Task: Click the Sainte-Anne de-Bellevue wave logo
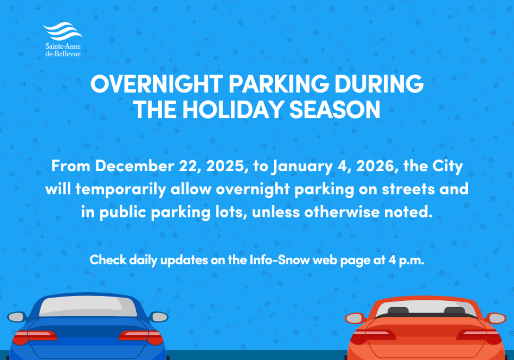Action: (x=62, y=32)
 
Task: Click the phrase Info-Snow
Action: (x=280, y=260)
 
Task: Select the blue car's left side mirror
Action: (x=16, y=317)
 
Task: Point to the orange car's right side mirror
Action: (x=496, y=318)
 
